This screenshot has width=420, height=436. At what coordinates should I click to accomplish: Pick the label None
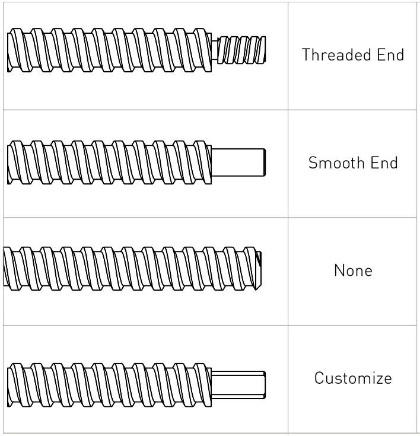[353, 270]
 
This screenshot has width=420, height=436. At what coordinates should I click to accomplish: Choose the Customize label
[353, 378]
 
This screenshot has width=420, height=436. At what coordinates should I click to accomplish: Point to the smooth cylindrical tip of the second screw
[238, 161]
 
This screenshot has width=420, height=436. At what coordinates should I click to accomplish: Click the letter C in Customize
[319, 378]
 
